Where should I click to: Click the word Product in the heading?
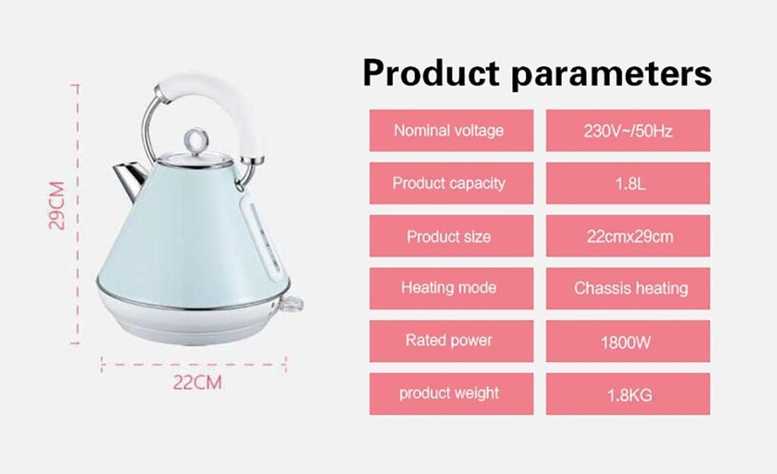(x=431, y=74)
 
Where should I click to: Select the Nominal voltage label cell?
(x=451, y=131)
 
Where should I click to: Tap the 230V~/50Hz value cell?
(x=628, y=131)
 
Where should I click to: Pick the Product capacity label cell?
(x=451, y=183)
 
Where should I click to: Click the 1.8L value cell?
(x=628, y=183)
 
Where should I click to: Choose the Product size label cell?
(x=451, y=236)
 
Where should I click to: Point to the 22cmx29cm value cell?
(x=628, y=236)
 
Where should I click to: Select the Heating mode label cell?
(x=451, y=288)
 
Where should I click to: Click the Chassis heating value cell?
(x=628, y=288)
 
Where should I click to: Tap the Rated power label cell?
(x=451, y=341)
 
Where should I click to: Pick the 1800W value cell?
(x=628, y=341)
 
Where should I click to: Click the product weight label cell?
(x=451, y=394)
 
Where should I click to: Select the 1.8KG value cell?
(x=628, y=394)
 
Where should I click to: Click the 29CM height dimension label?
(x=57, y=206)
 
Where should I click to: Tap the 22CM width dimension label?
(x=197, y=383)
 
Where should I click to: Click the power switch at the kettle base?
(x=292, y=304)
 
